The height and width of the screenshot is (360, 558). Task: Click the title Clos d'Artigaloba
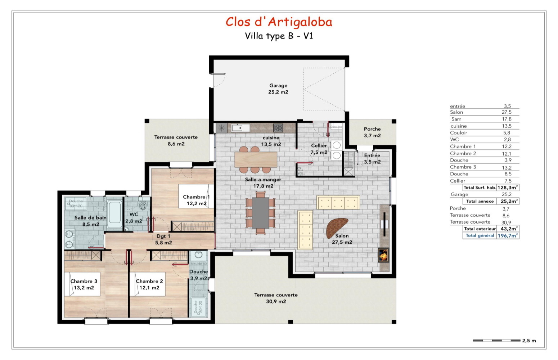pyautogui.click(x=279, y=22)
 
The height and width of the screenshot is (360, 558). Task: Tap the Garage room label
pyautogui.click(x=278, y=89)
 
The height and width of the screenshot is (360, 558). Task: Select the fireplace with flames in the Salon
pyautogui.click(x=383, y=255)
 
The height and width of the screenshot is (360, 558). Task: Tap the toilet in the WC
pyautogui.click(x=143, y=206)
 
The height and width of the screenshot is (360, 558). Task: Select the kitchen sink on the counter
pyautogui.click(x=240, y=127)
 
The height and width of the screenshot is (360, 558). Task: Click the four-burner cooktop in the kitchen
pyautogui.click(x=278, y=127)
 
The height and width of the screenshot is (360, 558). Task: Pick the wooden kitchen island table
pyautogui.click(x=256, y=159)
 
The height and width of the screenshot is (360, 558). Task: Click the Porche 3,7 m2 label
pyautogui.click(x=372, y=132)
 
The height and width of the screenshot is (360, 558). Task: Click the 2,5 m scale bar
pyautogui.click(x=496, y=341)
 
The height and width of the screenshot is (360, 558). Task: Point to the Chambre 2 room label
pyautogui.click(x=149, y=284)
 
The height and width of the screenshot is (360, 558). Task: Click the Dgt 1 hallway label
pyautogui.click(x=163, y=239)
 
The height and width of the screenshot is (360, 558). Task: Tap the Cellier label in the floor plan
pyautogui.click(x=319, y=149)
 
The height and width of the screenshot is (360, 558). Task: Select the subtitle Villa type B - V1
pyautogui.click(x=279, y=36)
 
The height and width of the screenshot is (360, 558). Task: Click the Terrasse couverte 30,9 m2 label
pyautogui.click(x=276, y=298)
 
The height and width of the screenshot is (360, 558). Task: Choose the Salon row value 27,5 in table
pyautogui.click(x=507, y=112)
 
